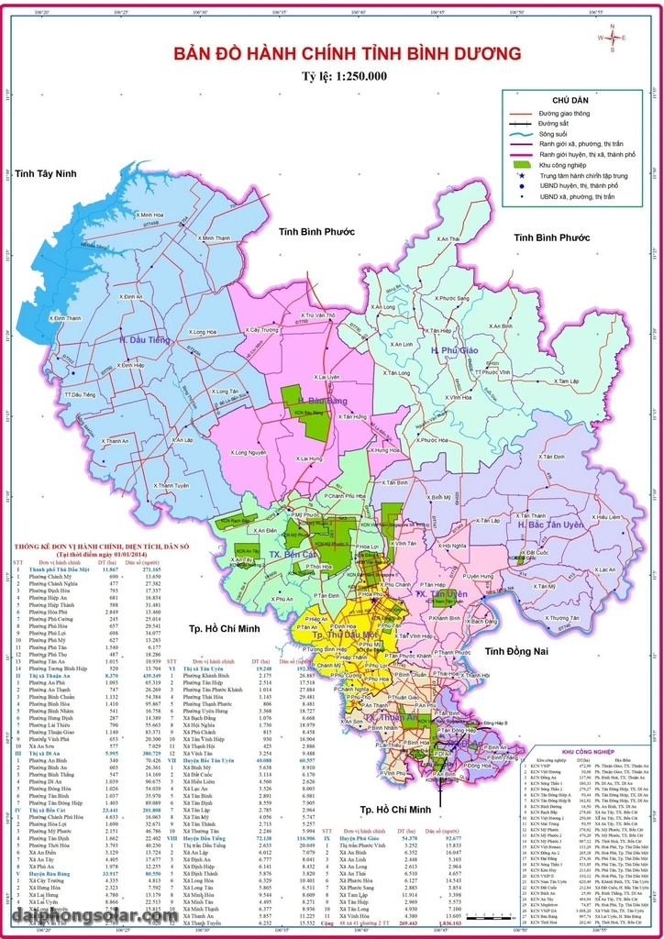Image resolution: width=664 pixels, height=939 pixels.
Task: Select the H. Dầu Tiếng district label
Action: point(144,340)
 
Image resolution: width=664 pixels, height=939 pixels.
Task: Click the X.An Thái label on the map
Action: point(448,238)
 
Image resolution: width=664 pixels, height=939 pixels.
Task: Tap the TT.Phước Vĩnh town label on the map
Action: point(492,372)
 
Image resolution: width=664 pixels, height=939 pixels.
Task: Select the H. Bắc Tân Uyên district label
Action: point(550,525)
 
